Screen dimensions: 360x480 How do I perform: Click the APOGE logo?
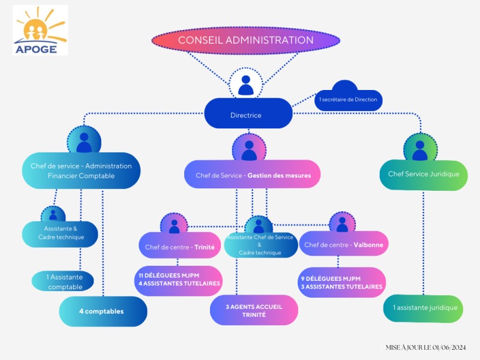(x=40, y=30)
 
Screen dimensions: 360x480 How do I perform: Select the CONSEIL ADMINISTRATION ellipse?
(x=245, y=41)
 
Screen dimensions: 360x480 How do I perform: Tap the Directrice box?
(x=248, y=113)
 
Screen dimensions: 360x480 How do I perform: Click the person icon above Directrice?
(x=246, y=85)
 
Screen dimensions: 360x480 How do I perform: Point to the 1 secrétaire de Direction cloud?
(x=348, y=99)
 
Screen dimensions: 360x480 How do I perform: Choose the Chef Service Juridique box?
(x=424, y=174)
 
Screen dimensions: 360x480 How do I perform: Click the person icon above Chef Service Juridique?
(x=420, y=148)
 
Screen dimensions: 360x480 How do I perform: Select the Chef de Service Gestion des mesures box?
(x=251, y=175)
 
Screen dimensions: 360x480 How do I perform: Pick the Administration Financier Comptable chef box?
(x=81, y=171)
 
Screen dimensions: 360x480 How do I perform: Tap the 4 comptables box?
(x=103, y=311)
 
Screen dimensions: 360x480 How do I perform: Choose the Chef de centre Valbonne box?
(x=343, y=244)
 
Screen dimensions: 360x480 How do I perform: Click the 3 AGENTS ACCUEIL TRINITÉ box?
(x=253, y=310)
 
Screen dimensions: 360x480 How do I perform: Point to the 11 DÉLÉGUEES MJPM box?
(x=179, y=280)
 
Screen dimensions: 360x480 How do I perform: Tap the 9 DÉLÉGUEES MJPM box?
(x=341, y=282)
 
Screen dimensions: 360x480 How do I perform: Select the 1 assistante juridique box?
(x=423, y=308)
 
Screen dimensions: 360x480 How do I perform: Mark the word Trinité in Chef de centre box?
(x=204, y=246)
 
